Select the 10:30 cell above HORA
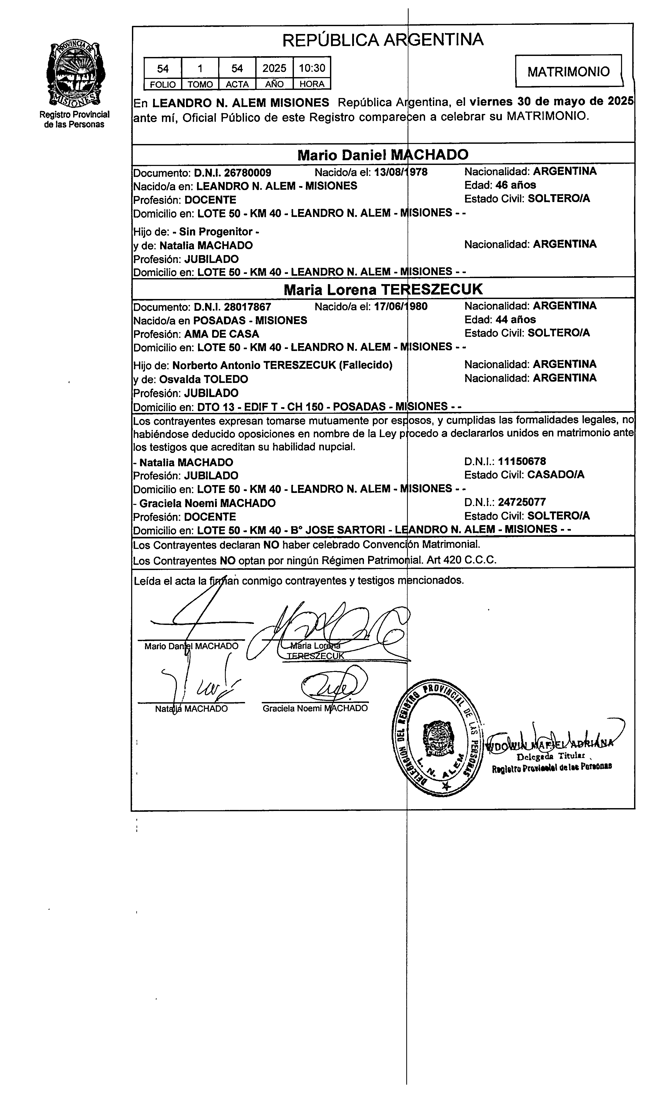click(312, 68)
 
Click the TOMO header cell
click(200, 84)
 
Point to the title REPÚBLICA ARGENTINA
click(383, 40)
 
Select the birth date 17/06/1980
click(401, 307)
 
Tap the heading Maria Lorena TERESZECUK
click(383, 290)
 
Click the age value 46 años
click(516, 185)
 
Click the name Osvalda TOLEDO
click(204, 379)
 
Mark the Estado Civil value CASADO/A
click(556, 475)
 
